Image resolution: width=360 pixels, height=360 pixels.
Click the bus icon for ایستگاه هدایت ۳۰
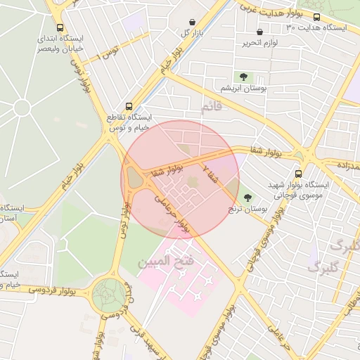click(316, 17)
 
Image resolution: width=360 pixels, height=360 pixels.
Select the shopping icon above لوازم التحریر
click(260, 32)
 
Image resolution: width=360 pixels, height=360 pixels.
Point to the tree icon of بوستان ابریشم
click(243, 77)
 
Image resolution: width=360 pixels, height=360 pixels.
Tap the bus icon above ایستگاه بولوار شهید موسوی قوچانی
click(298, 173)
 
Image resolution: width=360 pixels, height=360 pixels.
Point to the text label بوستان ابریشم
click(243, 89)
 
